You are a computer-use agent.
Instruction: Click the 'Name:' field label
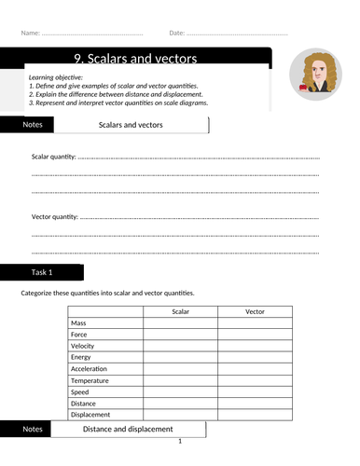(x=29, y=34)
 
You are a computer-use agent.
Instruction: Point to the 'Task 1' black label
(x=43, y=272)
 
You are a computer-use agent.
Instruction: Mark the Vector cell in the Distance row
(x=255, y=404)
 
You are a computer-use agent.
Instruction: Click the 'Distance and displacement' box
(x=128, y=430)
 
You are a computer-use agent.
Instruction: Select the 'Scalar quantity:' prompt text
(x=54, y=158)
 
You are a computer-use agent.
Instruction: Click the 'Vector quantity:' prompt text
(x=55, y=217)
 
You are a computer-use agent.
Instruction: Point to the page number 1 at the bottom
(x=180, y=442)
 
